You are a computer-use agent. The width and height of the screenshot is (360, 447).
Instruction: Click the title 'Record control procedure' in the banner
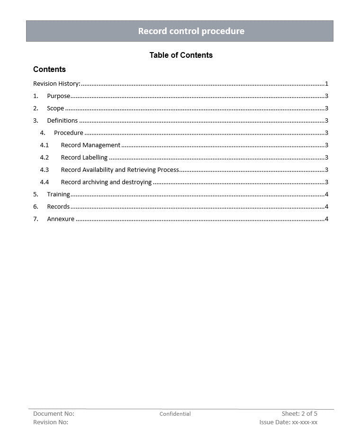click(x=191, y=31)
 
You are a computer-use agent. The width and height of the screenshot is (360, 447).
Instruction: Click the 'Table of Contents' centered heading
click(x=181, y=55)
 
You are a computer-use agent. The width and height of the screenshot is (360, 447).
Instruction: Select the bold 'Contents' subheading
click(x=49, y=69)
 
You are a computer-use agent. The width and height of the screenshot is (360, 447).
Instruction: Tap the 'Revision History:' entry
click(x=56, y=84)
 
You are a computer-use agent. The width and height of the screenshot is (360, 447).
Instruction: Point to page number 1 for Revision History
click(x=327, y=84)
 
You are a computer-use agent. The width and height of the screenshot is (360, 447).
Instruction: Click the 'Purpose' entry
click(x=58, y=96)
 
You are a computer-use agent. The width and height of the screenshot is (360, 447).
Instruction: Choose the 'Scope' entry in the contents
click(x=55, y=108)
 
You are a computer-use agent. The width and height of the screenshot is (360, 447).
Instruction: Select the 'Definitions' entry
click(x=62, y=121)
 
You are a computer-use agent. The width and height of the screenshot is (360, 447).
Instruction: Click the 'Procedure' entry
click(x=68, y=133)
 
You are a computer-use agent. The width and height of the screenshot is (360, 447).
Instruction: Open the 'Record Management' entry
click(x=90, y=145)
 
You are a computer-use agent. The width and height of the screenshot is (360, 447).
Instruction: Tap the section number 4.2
click(x=44, y=158)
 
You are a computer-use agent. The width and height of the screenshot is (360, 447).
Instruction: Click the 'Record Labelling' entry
click(x=84, y=158)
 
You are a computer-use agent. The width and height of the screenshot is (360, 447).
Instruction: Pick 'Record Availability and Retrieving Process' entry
click(x=120, y=170)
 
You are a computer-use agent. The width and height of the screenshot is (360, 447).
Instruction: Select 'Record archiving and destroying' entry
click(x=106, y=182)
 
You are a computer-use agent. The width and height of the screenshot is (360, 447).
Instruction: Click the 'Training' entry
click(x=58, y=195)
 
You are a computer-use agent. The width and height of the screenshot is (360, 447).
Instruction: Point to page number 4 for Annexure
click(x=327, y=219)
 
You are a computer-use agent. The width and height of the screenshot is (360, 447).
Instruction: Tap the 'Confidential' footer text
click(x=175, y=414)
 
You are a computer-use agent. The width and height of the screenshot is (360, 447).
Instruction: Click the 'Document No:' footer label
click(x=54, y=414)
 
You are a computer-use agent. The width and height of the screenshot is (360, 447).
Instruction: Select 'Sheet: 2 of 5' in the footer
click(x=299, y=414)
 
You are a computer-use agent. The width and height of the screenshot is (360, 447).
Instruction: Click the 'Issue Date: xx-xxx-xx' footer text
click(x=288, y=422)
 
